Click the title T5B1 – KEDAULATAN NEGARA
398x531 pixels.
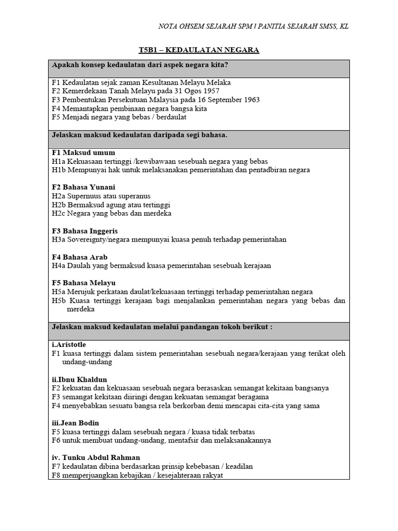click(199, 50)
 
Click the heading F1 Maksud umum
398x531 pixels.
click(83, 152)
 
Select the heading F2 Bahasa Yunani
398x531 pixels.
click(83, 187)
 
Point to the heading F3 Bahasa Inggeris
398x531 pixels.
click(85, 231)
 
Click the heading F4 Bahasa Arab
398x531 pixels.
click(80, 257)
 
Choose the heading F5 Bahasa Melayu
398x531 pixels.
click(83, 283)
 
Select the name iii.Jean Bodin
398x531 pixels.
click(75, 423)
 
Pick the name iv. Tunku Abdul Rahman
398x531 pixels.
click(93, 458)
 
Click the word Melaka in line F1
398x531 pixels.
click(218, 82)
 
